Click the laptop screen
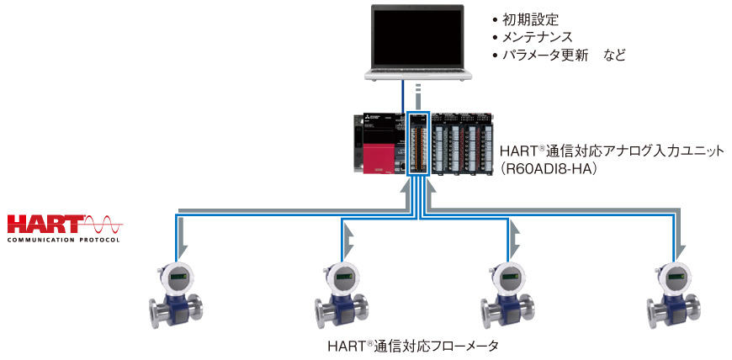pyautogui.click(x=417, y=34)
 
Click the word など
pyautogui.click(x=615, y=56)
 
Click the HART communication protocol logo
pyautogui.click(x=64, y=228)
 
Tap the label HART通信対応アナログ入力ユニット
pyautogui.click(x=600, y=151)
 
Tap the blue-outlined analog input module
pyautogui.click(x=418, y=143)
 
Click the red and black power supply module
pyautogui.click(x=377, y=143)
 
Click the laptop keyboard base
pyautogui.click(x=417, y=73)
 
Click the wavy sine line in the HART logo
pyautogui.click(x=104, y=225)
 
